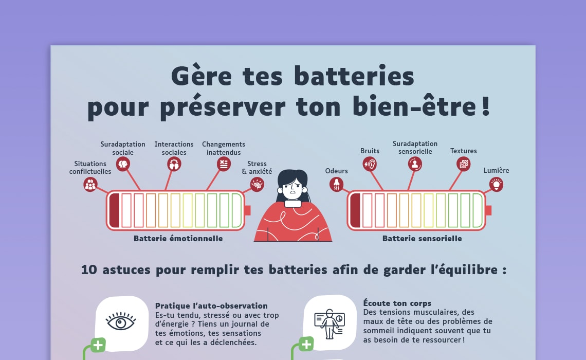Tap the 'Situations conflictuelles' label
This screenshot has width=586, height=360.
click(x=90, y=168)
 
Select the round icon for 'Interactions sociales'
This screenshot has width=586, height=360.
click(x=174, y=164)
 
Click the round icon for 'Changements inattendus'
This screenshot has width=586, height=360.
click(x=223, y=164)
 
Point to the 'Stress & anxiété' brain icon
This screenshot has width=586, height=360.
click(x=257, y=184)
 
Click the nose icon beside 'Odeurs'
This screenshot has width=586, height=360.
click(x=336, y=184)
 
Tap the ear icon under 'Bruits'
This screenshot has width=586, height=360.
click(x=370, y=164)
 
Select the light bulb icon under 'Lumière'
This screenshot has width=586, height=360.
click(x=496, y=184)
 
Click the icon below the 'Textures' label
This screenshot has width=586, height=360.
click(x=463, y=164)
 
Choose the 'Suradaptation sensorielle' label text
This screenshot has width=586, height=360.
click(x=415, y=148)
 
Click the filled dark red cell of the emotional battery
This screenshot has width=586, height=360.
click(x=114, y=210)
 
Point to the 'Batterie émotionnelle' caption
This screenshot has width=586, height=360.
click(x=178, y=239)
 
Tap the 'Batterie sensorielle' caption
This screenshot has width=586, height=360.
click(x=422, y=239)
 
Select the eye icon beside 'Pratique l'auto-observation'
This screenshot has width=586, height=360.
click(x=121, y=322)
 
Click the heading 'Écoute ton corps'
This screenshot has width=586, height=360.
click(x=397, y=303)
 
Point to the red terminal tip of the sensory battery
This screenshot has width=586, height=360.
click(x=488, y=210)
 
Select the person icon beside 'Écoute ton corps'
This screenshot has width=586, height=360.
click(x=329, y=323)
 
